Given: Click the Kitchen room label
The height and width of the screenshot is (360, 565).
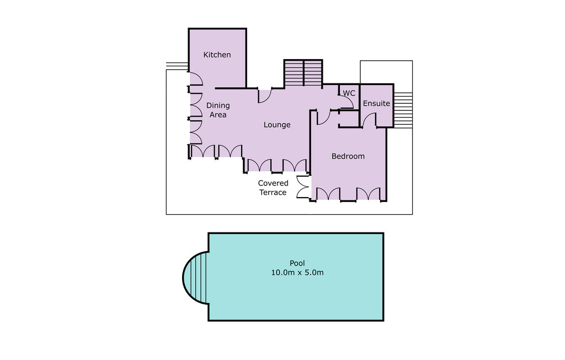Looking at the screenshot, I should tap(217, 55).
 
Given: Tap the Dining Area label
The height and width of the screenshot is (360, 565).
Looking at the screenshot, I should tap(217, 110).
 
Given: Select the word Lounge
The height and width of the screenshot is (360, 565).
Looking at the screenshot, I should tap(276, 125).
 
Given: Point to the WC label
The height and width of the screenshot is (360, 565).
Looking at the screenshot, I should tap(349, 93).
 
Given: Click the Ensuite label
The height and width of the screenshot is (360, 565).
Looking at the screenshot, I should tap(376, 103).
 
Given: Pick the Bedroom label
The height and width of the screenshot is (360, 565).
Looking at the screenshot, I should tap(348, 156).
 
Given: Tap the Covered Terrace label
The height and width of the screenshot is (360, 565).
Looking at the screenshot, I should tap(273, 188).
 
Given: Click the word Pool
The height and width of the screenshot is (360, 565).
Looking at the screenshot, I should tap(297, 263).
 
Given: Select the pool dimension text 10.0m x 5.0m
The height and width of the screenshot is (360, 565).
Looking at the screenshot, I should tap(297, 273).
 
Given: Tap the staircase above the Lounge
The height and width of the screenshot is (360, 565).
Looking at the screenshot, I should tap(303, 73).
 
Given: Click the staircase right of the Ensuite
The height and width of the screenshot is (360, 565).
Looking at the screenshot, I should tap(404, 110).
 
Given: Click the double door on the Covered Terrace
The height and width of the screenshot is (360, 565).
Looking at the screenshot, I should tap(302, 187).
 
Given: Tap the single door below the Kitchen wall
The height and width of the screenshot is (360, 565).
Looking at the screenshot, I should tap(264, 96).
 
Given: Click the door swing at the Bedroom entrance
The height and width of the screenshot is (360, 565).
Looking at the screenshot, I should tap(323, 117).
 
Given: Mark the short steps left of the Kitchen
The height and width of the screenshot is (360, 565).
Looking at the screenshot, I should tap(177, 66).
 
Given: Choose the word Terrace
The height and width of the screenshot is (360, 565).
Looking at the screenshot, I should tap(273, 192).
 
